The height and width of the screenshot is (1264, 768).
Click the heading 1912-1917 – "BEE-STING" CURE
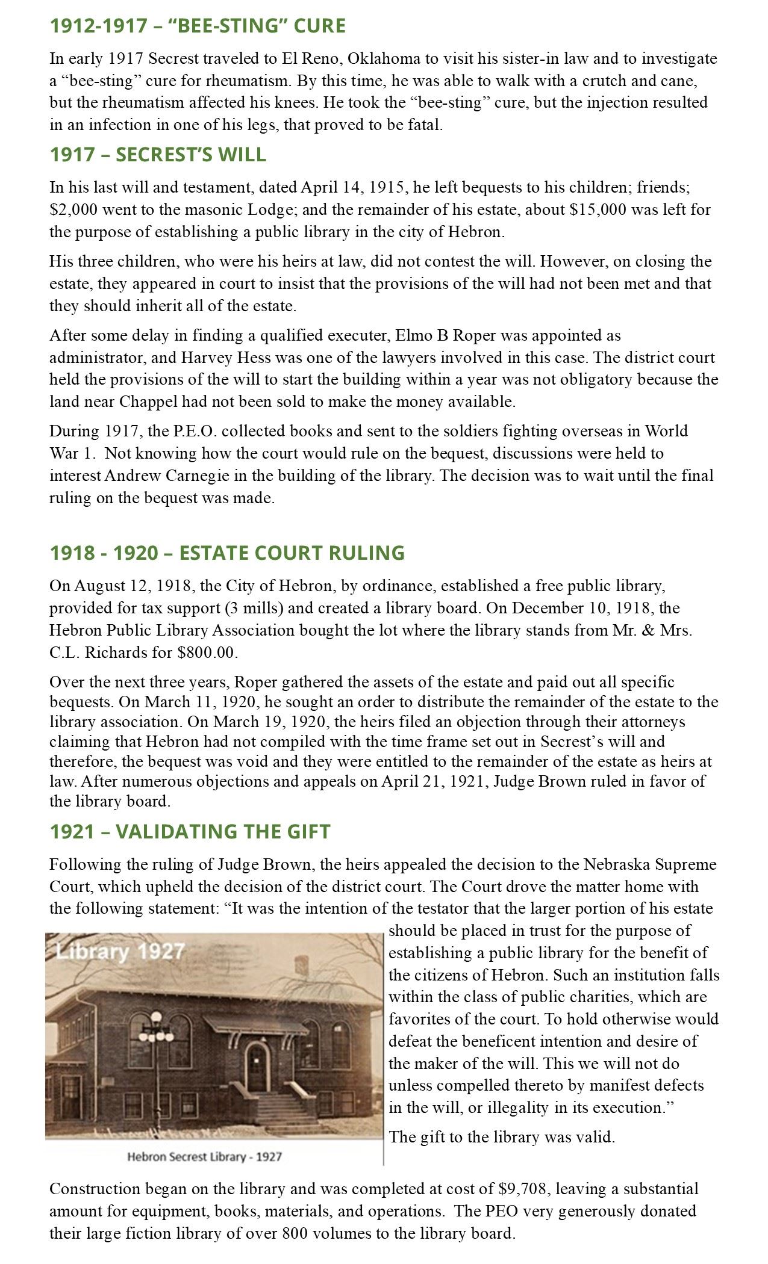click(x=198, y=26)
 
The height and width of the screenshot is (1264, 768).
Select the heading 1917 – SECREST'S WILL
click(x=158, y=155)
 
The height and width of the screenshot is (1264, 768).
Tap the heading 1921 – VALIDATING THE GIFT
click(x=190, y=831)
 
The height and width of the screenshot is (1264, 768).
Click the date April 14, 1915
click(x=353, y=187)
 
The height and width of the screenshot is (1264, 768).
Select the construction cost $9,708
click(x=522, y=1189)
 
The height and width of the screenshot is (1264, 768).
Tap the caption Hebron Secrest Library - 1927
click(x=205, y=1156)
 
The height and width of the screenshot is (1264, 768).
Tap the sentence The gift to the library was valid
click(x=502, y=1137)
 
